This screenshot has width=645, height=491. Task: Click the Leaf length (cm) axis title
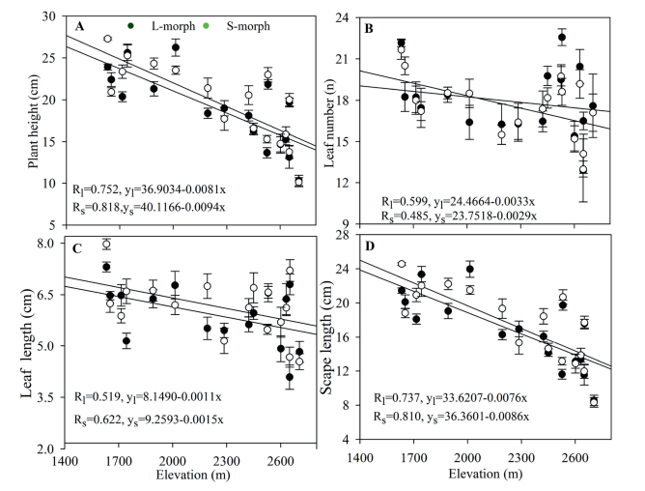pyautogui.click(x=32, y=345)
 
